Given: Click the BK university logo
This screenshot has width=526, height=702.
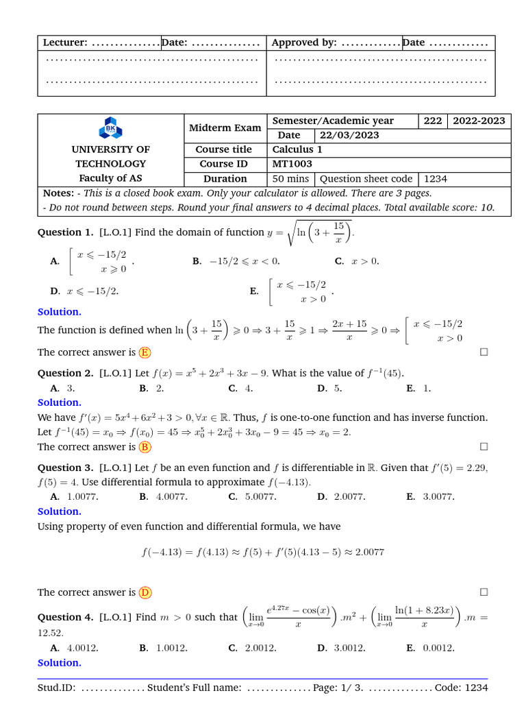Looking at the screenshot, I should coord(110,129).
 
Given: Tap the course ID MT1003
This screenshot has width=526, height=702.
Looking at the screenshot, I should coord(292,164).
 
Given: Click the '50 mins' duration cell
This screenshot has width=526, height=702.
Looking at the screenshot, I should coord(290,179).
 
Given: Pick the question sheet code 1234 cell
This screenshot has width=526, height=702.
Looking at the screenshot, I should coord(436,179).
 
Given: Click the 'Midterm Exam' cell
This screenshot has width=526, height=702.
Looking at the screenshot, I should coord(225,128).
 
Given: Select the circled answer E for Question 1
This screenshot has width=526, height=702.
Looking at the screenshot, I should coord(145,352).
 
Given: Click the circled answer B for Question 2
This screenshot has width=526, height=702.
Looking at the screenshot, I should coord(145,447).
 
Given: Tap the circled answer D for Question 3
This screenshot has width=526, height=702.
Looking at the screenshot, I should coord(145,592).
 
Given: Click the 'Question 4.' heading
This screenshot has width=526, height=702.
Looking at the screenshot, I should coord(65,617).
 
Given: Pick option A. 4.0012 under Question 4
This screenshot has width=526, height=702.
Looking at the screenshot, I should coord(74,648).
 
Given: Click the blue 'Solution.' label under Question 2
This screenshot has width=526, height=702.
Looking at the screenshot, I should coord(59,402).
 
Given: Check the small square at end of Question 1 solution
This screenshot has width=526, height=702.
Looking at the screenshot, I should coord(484,352).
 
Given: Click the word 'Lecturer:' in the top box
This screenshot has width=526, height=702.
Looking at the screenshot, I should coord(65,43).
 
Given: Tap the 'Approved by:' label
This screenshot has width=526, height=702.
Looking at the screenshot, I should coord(304,43).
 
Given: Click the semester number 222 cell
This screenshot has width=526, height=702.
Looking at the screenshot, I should coord(432,121).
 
